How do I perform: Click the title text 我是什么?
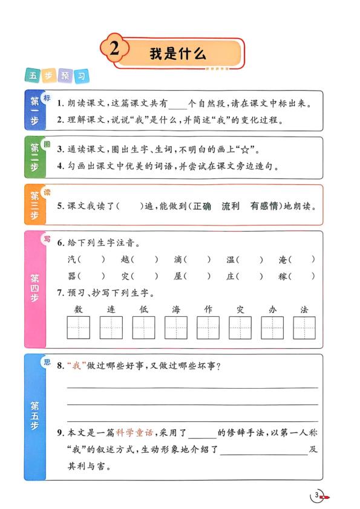click(178, 53)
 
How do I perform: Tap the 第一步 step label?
click(34, 111)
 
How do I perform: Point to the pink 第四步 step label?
click(34, 289)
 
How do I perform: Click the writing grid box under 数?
click(78, 328)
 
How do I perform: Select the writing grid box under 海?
click(175, 328)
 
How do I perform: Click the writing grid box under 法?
click(304, 328)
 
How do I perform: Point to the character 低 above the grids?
click(143, 310)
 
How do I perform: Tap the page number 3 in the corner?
click(316, 496)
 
